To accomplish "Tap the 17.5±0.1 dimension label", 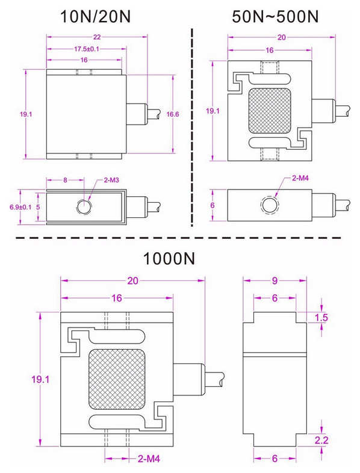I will point(87,48).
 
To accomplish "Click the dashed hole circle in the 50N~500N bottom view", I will point(269,205).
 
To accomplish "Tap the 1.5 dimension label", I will point(322,317).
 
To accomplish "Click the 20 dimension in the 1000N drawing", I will point(134,280).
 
